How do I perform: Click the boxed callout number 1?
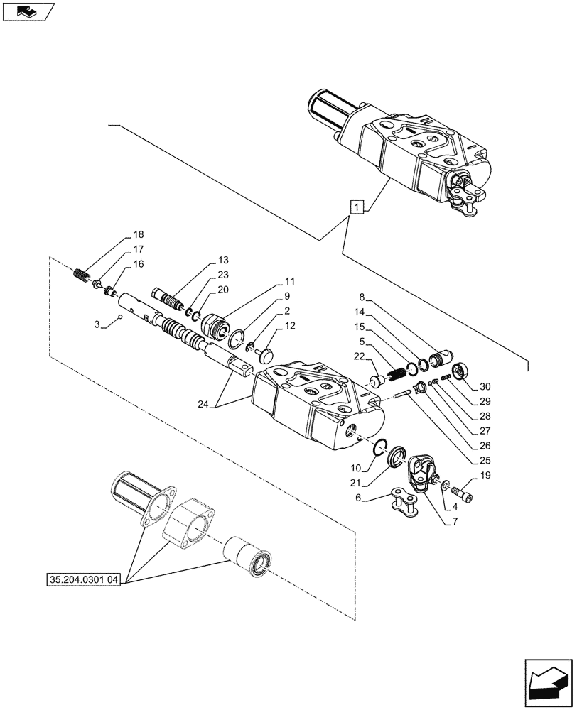click(x=357, y=207)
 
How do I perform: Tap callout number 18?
click(x=137, y=236)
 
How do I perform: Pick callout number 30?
click(x=485, y=387)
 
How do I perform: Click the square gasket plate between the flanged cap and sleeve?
click(x=188, y=526)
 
